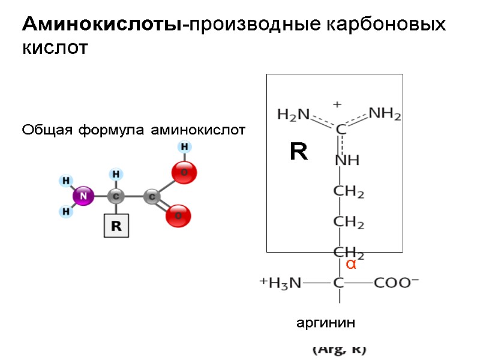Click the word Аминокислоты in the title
coord(103,25)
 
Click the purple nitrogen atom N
coord(83,196)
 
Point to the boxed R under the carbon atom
coord(116,226)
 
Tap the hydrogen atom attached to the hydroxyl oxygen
coord(185,147)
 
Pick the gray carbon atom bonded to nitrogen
coord(116,196)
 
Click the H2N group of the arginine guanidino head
coord(293,114)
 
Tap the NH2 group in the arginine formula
coord(385,113)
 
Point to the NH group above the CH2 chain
coord(347,161)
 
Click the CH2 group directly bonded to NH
coord(349,193)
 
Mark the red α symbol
coord(351,264)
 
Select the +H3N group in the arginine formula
coord(280,283)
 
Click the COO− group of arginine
coord(397,283)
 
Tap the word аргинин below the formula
coord(326,323)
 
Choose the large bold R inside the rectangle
coord(298,152)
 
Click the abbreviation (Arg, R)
coord(339,349)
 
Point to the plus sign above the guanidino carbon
coord(337,104)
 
